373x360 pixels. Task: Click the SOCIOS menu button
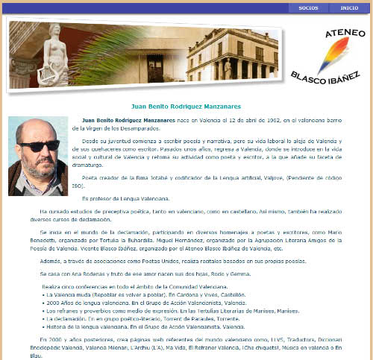[307, 8]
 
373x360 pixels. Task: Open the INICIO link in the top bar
[348, 8]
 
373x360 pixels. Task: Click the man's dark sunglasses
[36, 146]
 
